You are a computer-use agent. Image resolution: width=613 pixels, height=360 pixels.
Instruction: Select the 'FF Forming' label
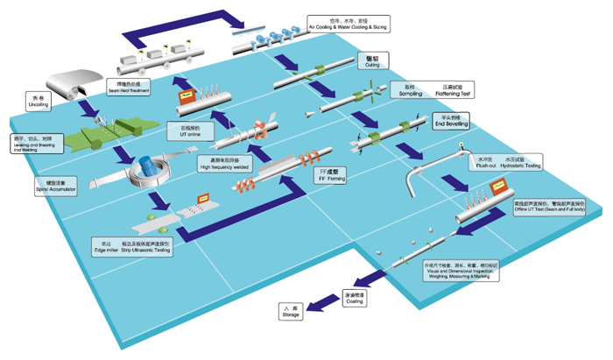[x=334, y=173]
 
